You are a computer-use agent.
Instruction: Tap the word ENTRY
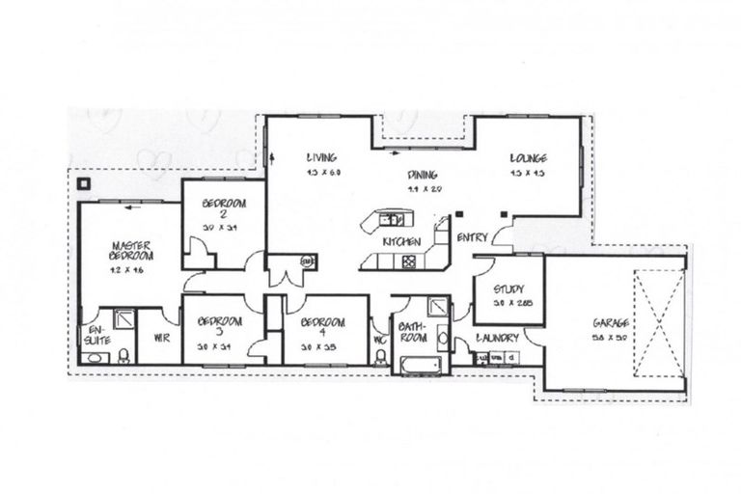click(473, 238)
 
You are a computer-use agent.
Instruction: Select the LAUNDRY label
click(498, 338)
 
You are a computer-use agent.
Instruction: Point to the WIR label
click(161, 339)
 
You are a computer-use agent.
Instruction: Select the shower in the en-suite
click(123, 319)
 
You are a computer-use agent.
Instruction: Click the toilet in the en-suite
click(95, 358)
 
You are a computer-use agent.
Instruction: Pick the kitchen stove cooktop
click(409, 260)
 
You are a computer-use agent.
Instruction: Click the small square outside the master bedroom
click(84, 180)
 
